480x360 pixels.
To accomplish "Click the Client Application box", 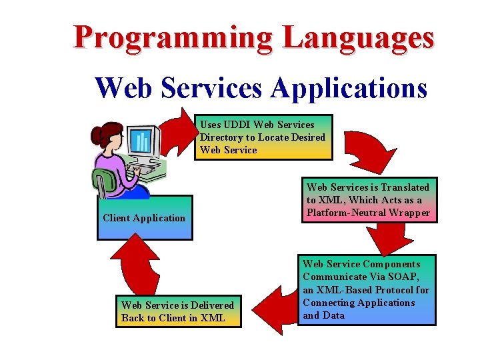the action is pyautogui.click(x=144, y=217).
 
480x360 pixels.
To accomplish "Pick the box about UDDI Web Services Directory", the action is pyautogui.click(x=265, y=137).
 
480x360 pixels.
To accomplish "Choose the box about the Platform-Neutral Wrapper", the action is pyautogui.click(x=369, y=200).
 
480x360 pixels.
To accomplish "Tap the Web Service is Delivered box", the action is pyautogui.click(x=178, y=311).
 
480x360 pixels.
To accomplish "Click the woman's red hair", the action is pyautogui.click(x=107, y=133).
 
